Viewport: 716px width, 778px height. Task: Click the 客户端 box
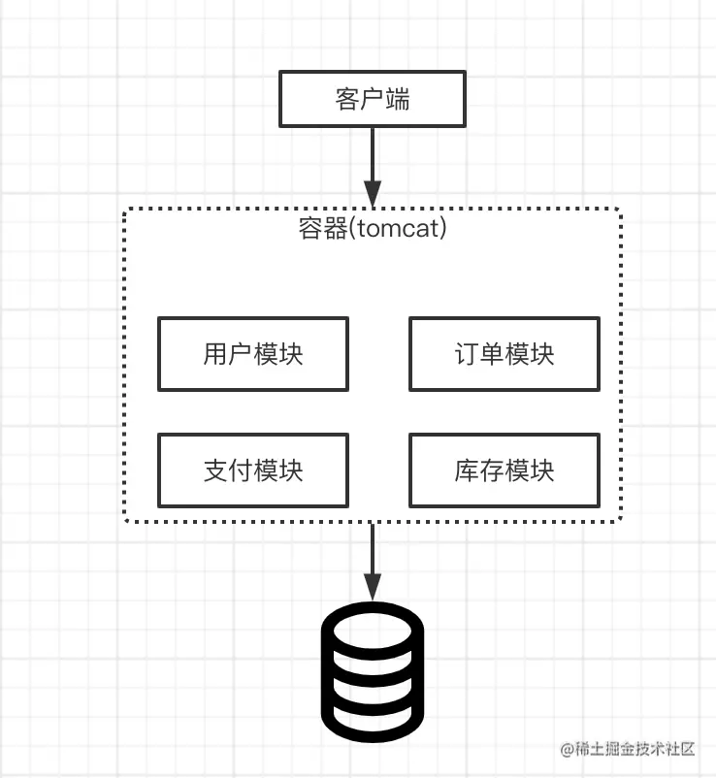pyautogui.click(x=373, y=100)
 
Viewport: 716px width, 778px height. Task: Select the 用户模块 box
pyautogui.click(x=252, y=354)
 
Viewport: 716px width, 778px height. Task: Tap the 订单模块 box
pyautogui.click(x=504, y=354)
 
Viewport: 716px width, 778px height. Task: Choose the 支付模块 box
pyautogui.click(x=252, y=470)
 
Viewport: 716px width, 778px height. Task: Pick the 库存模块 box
pyautogui.click(x=504, y=470)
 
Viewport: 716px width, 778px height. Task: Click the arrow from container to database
pyautogui.click(x=373, y=553)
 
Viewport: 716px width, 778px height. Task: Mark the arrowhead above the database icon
pyautogui.click(x=373, y=588)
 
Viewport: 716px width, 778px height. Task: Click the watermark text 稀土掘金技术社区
pyautogui.click(x=635, y=749)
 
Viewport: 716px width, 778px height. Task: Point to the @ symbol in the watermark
pyautogui.click(x=569, y=749)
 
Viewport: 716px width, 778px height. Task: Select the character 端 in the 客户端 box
pyautogui.click(x=397, y=100)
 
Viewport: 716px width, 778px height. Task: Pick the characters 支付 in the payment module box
pyautogui.click(x=227, y=470)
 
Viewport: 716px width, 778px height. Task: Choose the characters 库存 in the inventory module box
pyautogui.click(x=478, y=470)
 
